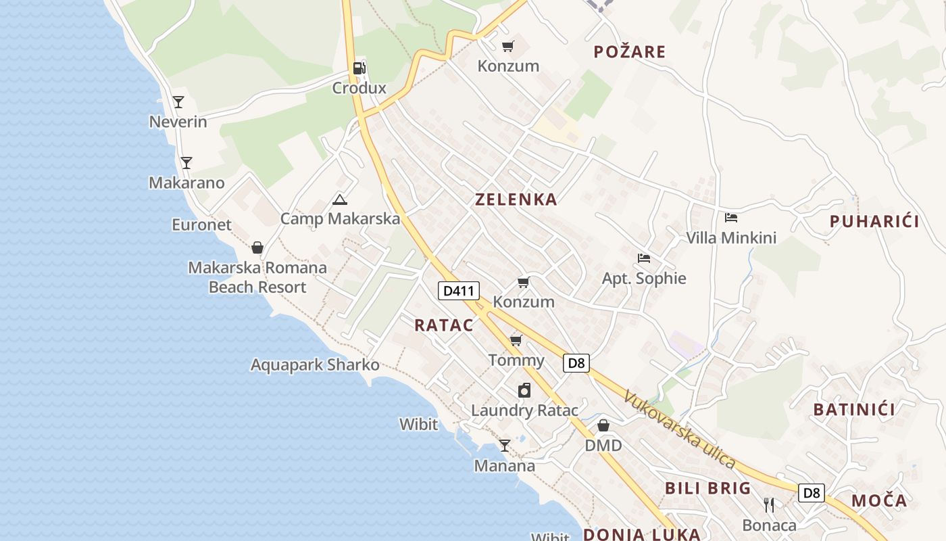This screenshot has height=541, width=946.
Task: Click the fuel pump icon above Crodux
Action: pyautogui.click(x=359, y=68)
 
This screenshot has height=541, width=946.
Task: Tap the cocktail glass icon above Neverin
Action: pyautogui.click(x=178, y=102)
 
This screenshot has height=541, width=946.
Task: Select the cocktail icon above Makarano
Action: pyautogui.click(x=186, y=163)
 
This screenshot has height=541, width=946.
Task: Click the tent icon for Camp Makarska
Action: pyautogui.click(x=340, y=199)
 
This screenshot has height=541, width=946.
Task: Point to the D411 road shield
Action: pyautogui.click(x=459, y=291)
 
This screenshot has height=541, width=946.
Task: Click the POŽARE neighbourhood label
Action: pyautogui.click(x=629, y=52)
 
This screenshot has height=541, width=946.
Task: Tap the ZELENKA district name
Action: pyautogui.click(x=516, y=199)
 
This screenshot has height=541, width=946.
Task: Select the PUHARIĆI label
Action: pyautogui.click(x=874, y=221)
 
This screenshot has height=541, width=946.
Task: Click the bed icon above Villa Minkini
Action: pyautogui.click(x=731, y=218)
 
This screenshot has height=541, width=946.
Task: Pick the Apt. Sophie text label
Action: pyautogui.click(x=644, y=279)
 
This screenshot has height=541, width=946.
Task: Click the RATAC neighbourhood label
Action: pyautogui.click(x=444, y=325)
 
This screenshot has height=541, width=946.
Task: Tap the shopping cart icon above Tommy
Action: pyautogui.click(x=516, y=340)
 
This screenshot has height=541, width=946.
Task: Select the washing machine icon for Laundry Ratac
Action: pyautogui.click(x=524, y=390)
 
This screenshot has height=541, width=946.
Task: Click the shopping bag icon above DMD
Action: pyautogui.click(x=603, y=425)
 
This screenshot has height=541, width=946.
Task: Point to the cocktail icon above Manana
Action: pyautogui.click(x=504, y=446)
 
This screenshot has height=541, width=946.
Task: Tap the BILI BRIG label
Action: pyautogui.click(x=708, y=488)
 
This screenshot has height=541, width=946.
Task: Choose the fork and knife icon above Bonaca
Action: pyautogui.click(x=769, y=505)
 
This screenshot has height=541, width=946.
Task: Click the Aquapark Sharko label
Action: pyautogui.click(x=315, y=365)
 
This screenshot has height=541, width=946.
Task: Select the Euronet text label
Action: pyautogui.click(x=201, y=225)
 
